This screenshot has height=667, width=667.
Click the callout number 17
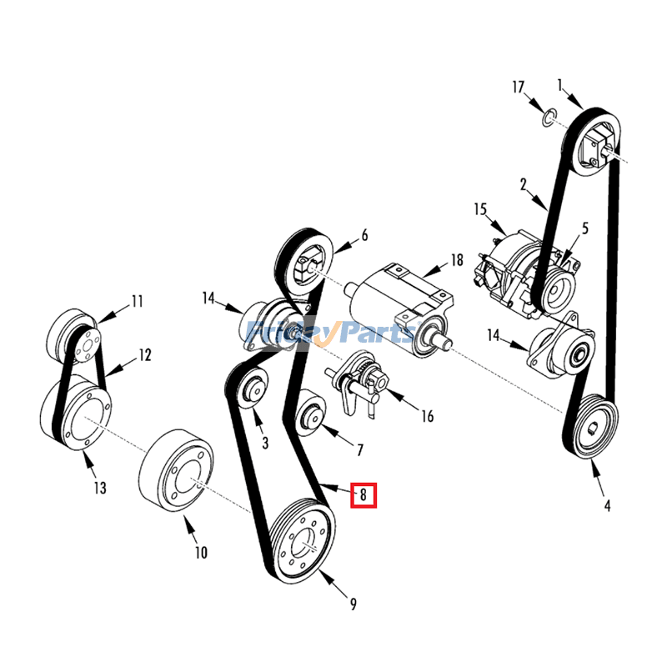[519, 87]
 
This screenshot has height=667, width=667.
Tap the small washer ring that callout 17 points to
[547, 116]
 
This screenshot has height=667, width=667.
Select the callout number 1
[561, 83]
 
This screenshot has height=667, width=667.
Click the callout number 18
[456, 260]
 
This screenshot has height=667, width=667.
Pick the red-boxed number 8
[364, 494]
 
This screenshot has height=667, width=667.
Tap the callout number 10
[201, 552]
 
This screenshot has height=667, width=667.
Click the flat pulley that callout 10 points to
[176, 474]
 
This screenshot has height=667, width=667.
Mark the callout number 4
[607, 505]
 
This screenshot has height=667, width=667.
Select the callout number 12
[145, 356]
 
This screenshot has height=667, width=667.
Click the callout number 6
[364, 236]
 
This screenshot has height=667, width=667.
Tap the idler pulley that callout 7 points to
[312, 413]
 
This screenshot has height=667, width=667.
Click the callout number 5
[584, 227]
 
